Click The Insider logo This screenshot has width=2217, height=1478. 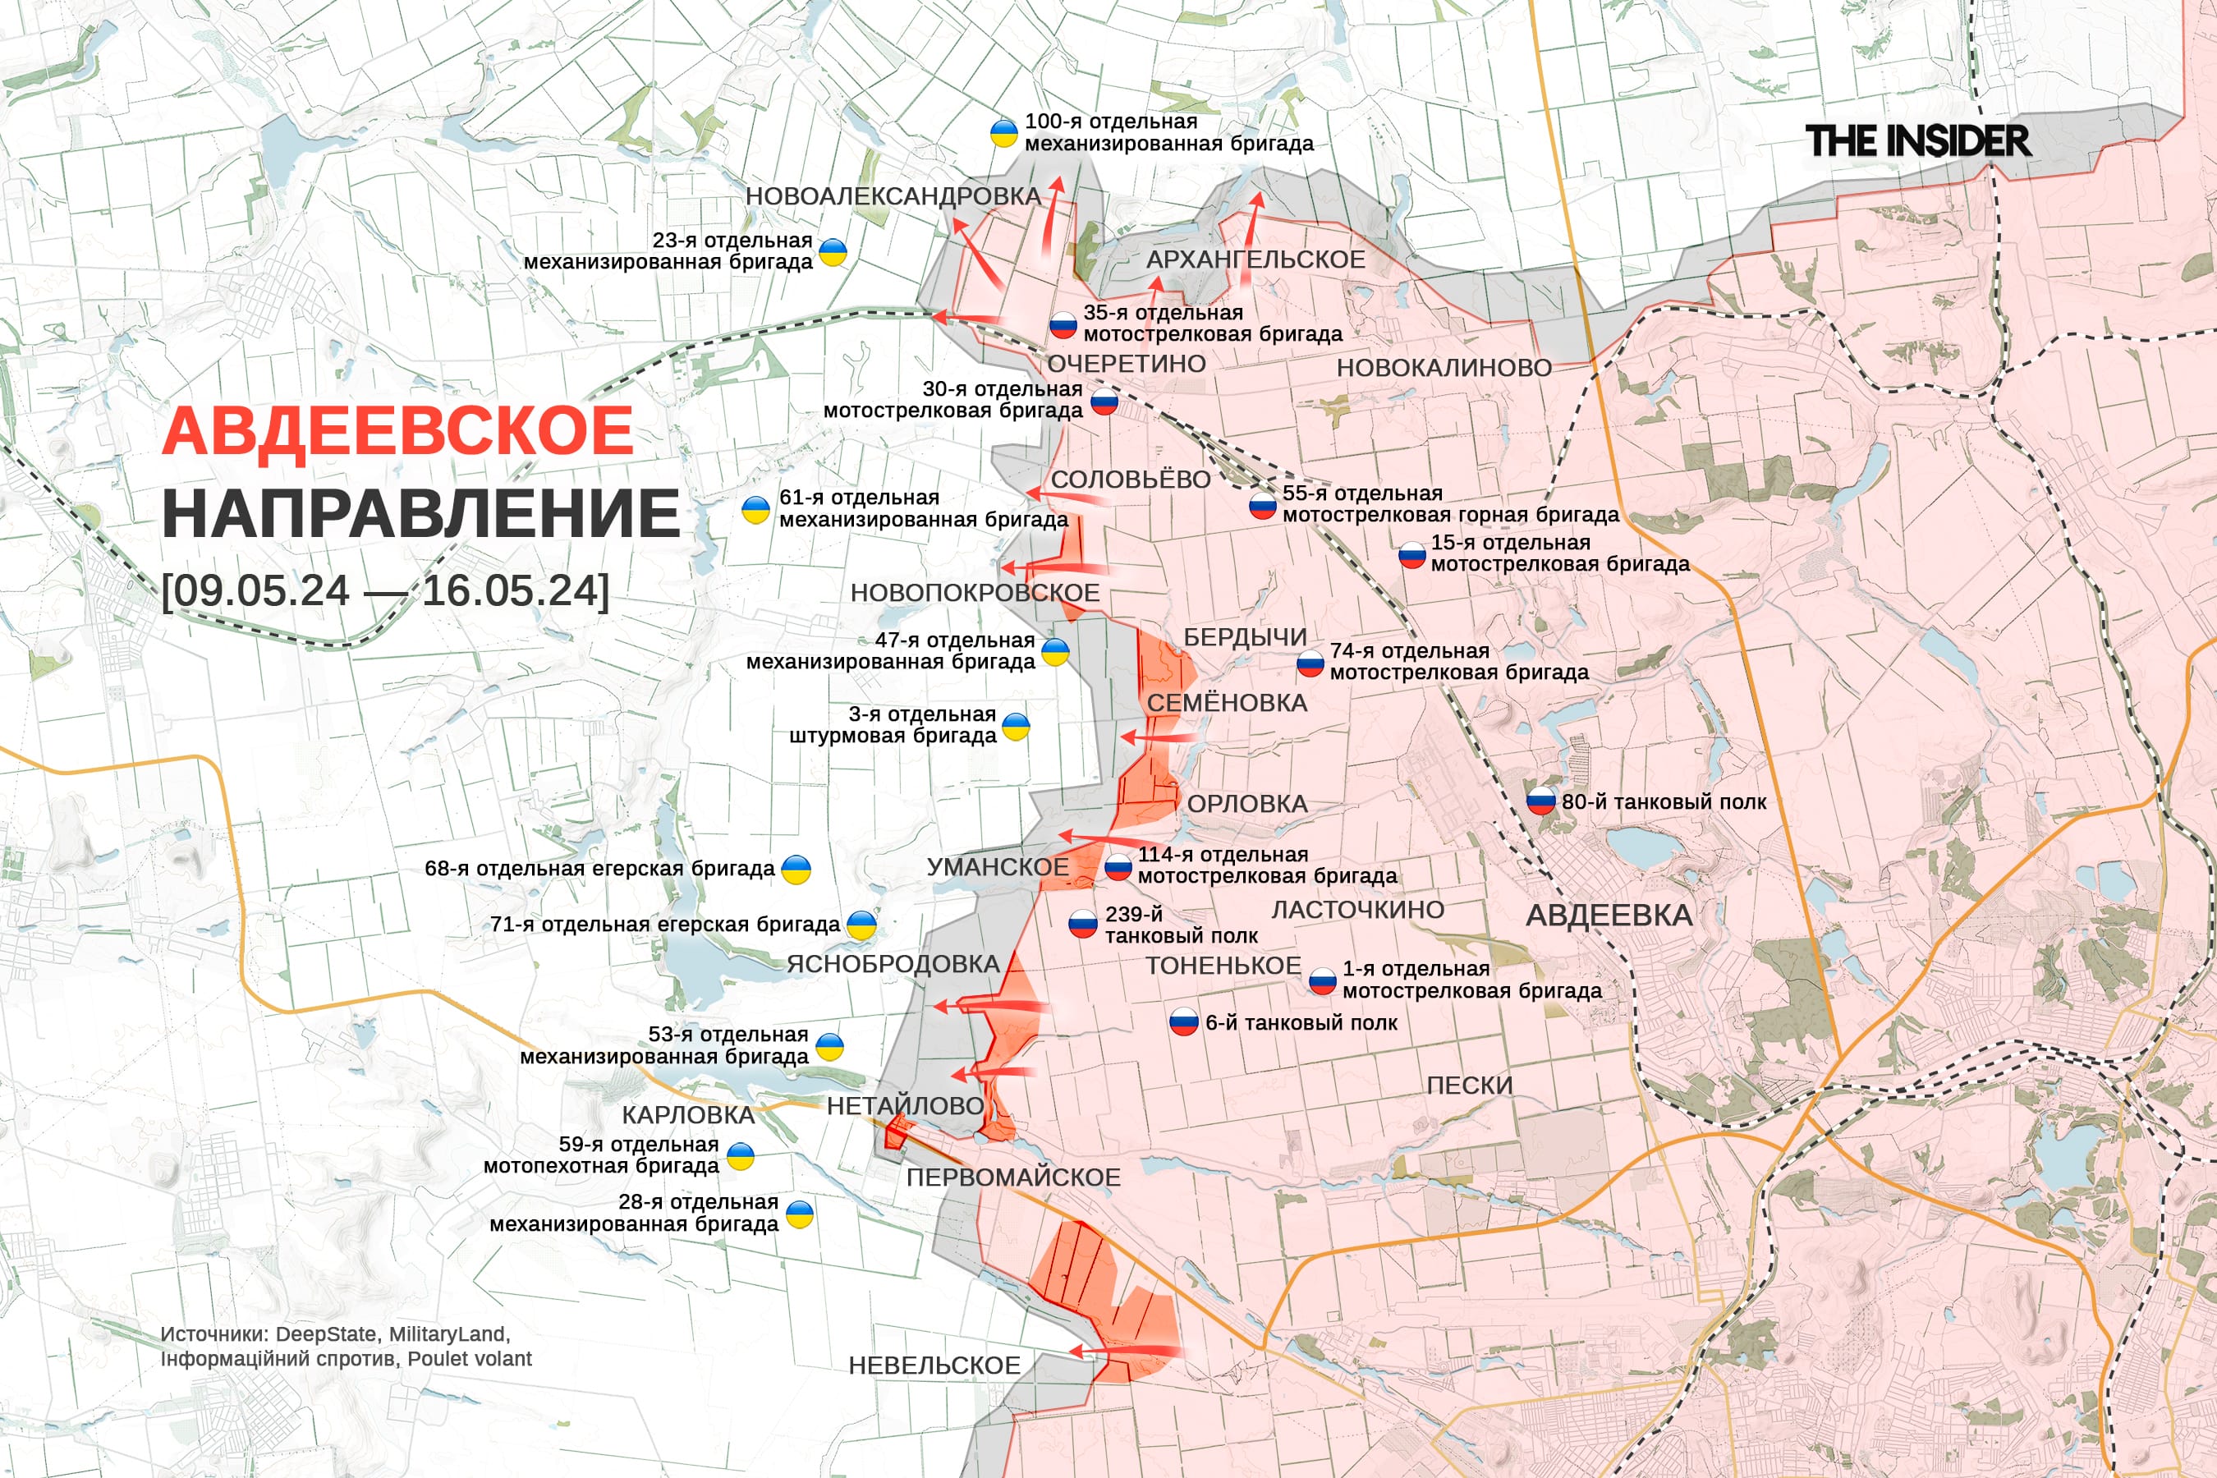click(1917, 141)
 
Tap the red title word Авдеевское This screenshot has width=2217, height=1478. click(397, 431)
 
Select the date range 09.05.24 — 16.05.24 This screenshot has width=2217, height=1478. click(384, 591)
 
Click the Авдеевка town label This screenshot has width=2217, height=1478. click(1609, 916)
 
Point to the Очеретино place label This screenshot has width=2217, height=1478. click(1127, 364)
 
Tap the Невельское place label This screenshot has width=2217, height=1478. click(934, 1365)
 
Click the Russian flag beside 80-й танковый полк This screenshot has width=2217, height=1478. click(1540, 801)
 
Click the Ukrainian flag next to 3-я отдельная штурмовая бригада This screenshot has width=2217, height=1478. click(1015, 727)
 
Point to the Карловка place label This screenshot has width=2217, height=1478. click(688, 1114)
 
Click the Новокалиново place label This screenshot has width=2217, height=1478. click(1444, 368)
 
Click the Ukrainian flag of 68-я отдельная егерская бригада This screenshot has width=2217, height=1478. click(796, 869)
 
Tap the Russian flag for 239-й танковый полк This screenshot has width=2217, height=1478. click(1082, 925)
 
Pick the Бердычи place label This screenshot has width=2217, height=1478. click(1244, 637)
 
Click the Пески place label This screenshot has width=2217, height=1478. click(1470, 1085)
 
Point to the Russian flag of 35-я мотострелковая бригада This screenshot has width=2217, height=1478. click(1063, 325)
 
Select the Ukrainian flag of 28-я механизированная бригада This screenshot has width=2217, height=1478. click(799, 1214)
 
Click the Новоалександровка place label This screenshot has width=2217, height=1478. click(893, 196)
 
